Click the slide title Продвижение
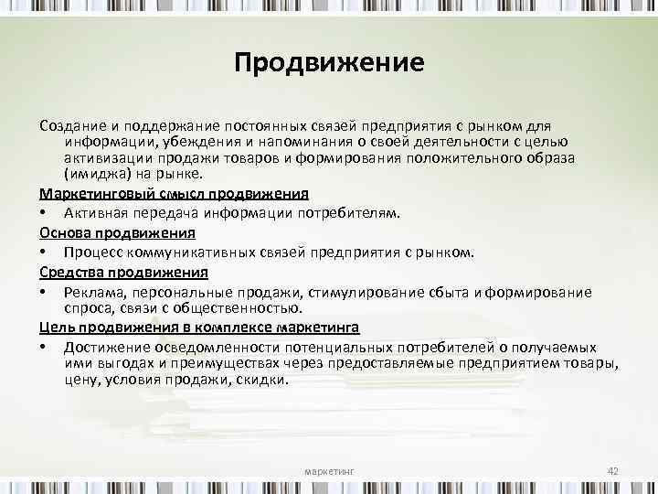[x=329, y=64]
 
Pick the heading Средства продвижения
[x=123, y=273]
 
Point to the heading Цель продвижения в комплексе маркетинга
[x=199, y=327]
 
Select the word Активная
[x=93, y=213]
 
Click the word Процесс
[x=92, y=252]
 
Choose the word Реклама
[x=90, y=292]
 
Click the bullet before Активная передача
[x=43, y=214]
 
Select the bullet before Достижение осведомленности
[x=43, y=349]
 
